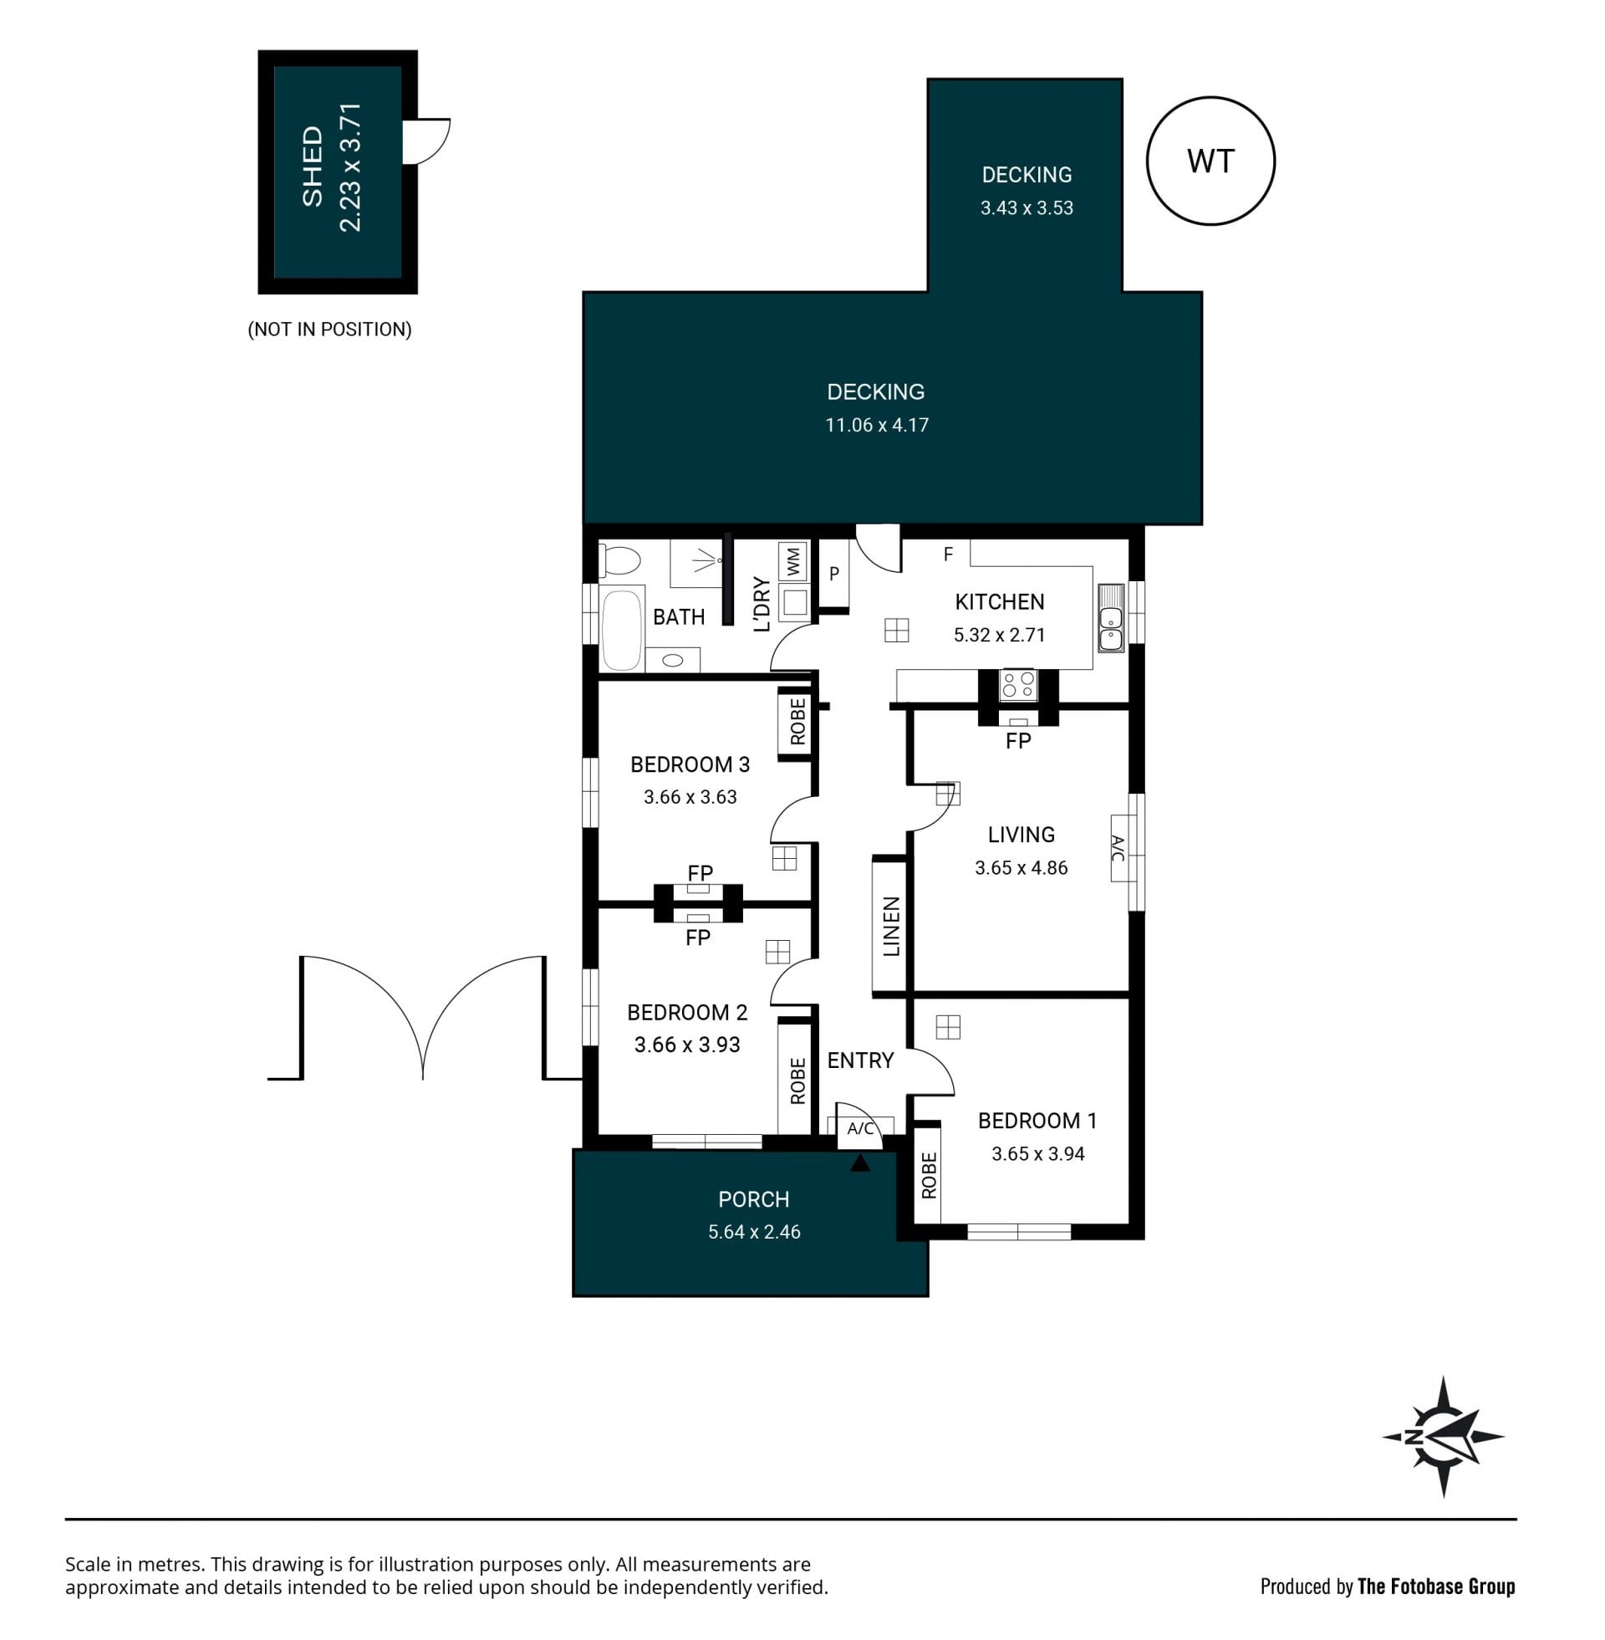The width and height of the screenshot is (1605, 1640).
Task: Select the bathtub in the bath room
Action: [x=621, y=628]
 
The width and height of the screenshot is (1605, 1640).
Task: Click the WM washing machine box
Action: [x=792, y=561]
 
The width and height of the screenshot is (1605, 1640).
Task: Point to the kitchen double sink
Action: [x=1110, y=618]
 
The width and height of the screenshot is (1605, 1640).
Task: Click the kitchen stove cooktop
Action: [x=1018, y=685]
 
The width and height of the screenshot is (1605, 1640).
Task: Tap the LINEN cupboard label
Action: [x=891, y=926]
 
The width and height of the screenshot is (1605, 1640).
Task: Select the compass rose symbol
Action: [x=1443, y=1437]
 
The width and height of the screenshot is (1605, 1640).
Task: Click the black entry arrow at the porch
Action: [x=859, y=1162]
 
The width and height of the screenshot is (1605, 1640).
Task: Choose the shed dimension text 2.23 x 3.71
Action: [x=349, y=167]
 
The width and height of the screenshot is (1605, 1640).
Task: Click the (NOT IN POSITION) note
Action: [x=329, y=329]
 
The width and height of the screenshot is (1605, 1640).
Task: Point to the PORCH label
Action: [x=754, y=1199]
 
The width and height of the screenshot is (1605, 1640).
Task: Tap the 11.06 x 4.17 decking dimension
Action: [x=877, y=425]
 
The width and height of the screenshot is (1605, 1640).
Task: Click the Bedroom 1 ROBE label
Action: [x=929, y=1175]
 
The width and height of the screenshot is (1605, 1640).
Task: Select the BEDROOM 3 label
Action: [x=690, y=764]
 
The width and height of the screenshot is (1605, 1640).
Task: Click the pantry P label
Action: [x=833, y=574]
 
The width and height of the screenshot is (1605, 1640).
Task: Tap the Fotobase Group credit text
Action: [x=1435, y=1586]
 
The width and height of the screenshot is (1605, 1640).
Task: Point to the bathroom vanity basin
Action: [x=673, y=660]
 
